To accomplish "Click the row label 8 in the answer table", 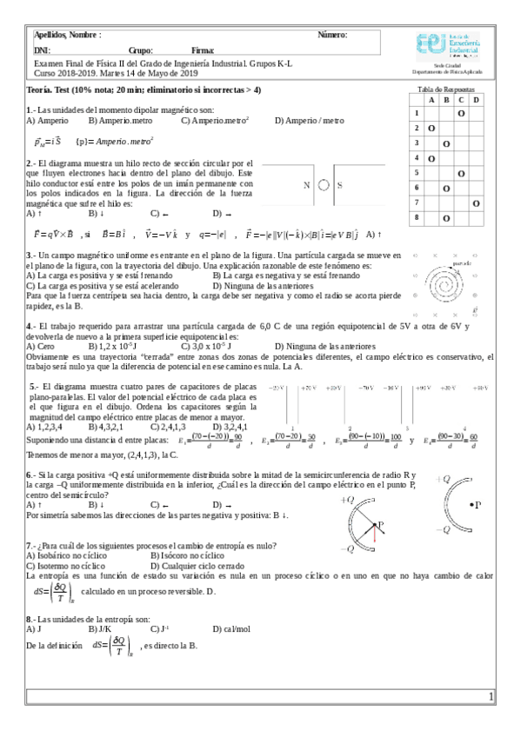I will click(x=417, y=217).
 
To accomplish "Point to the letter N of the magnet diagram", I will click(x=306, y=185).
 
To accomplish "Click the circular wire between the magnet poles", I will click(x=323, y=185).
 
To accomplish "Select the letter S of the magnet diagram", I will click(x=339, y=185).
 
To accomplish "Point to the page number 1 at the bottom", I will click(x=491, y=697).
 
